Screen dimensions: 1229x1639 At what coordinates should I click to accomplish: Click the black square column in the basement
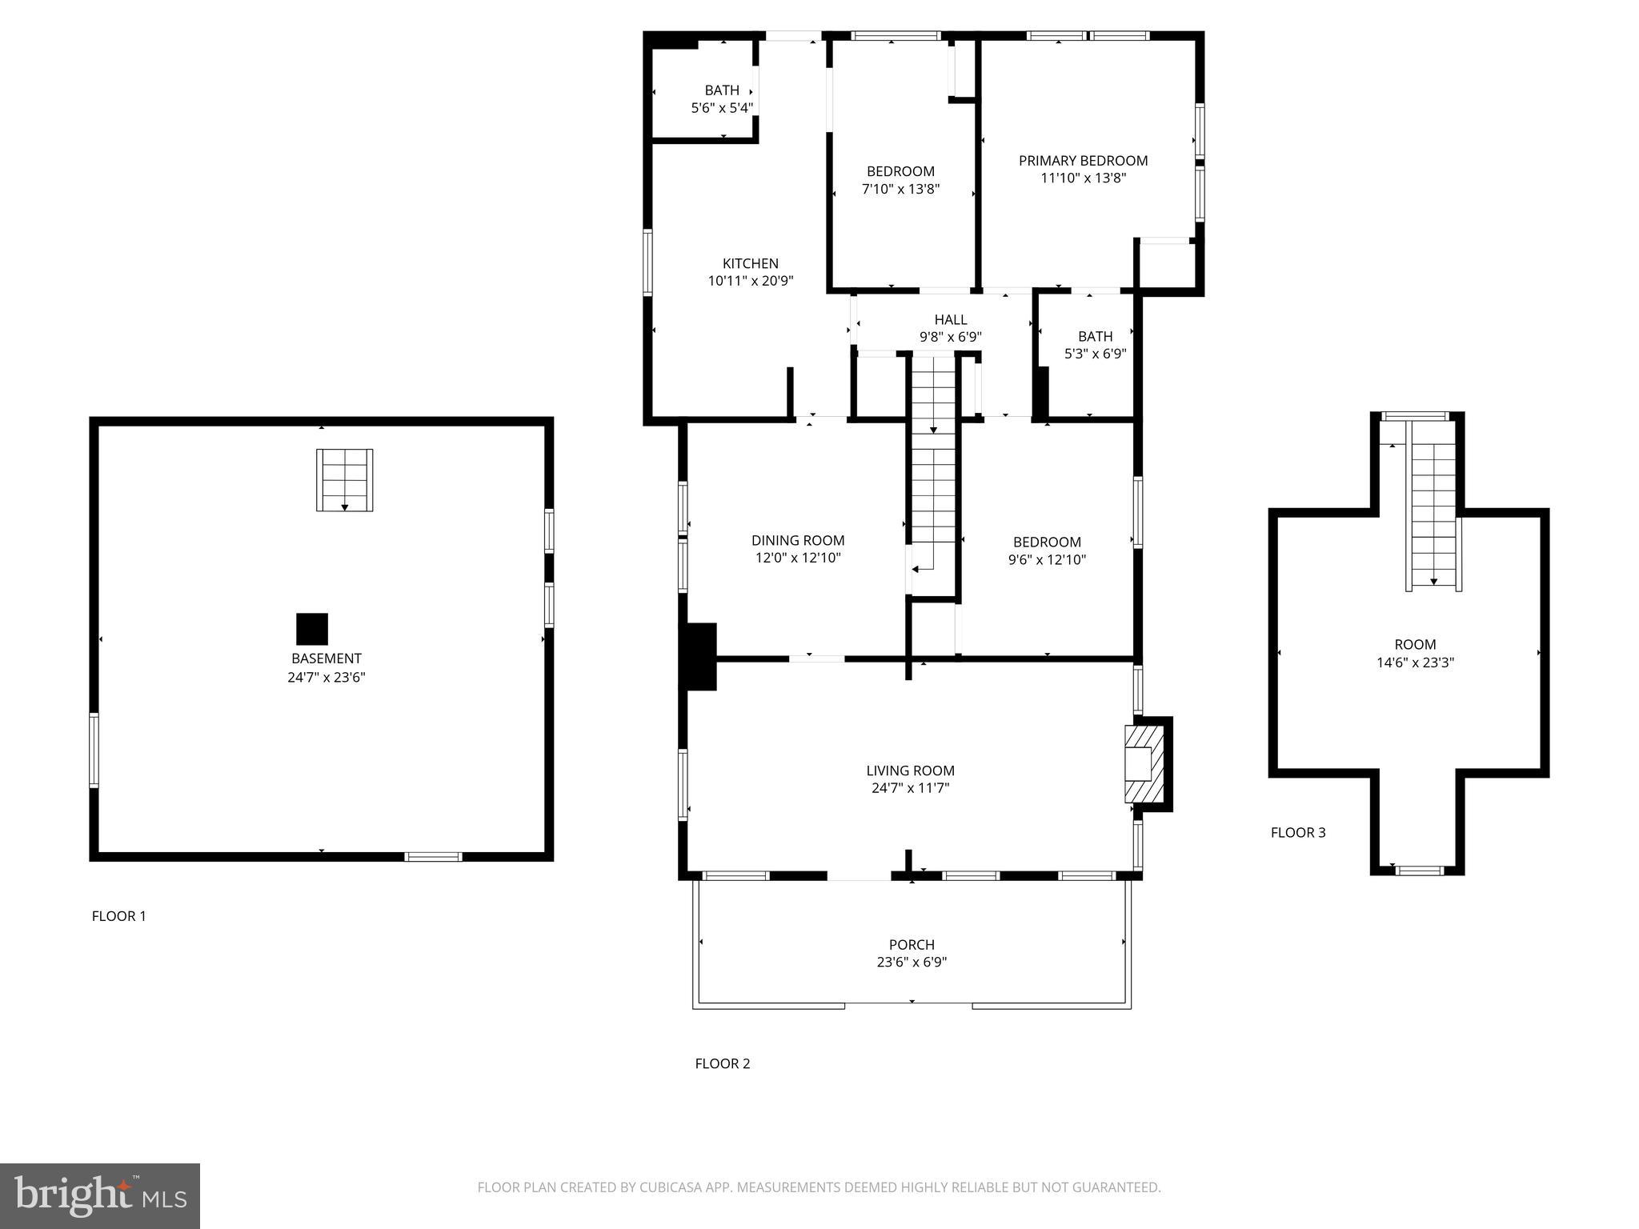(312, 629)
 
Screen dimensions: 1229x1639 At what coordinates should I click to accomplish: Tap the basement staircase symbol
(344, 480)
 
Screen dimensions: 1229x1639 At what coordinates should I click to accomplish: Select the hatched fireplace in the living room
(1143, 763)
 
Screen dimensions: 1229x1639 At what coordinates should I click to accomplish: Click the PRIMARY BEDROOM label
(1083, 161)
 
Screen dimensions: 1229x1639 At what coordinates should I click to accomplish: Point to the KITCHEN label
(750, 263)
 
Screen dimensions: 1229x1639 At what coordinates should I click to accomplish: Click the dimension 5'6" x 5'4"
(722, 108)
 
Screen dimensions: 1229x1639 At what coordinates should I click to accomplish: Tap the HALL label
(950, 320)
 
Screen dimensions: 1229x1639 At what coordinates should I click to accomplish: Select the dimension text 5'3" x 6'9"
(1095, 354)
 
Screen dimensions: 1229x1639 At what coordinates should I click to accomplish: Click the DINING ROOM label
(797, 541)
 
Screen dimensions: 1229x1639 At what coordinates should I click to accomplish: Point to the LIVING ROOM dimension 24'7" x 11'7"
(910, 788)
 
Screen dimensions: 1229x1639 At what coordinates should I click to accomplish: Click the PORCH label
(912, 945)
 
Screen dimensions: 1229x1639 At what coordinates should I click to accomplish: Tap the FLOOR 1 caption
(119, 916)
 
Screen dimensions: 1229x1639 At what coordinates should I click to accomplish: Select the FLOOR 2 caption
(722, 1063)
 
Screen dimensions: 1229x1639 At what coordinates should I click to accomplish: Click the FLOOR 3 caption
(1297, 833)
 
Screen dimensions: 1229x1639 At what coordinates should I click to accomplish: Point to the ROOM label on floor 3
(1414, 645)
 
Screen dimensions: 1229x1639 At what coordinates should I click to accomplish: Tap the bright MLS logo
(100, 1196)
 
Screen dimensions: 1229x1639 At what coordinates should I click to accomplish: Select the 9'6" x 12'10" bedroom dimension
(1046, 560)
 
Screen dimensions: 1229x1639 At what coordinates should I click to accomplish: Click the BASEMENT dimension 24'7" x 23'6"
(326, 677)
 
